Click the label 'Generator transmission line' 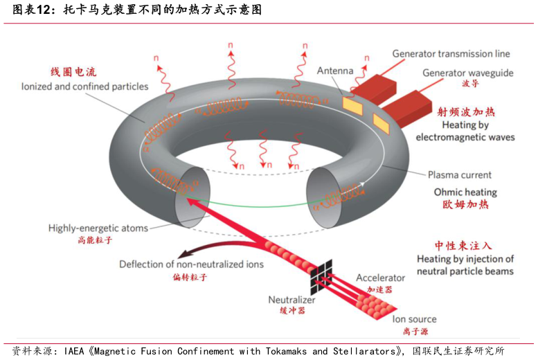[451, 54]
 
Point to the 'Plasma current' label [460, 175]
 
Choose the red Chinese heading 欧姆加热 [465, 204]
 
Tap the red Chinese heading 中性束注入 [463, 246]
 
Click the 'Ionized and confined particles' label [84, 87]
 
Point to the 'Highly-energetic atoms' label [98, 228]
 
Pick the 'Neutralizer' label [292, 300]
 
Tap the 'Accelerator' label [380, 278]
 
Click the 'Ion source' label [415, 319]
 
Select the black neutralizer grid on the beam [321, 275]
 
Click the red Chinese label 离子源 [415, 332]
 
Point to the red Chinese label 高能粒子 [95, 240]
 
